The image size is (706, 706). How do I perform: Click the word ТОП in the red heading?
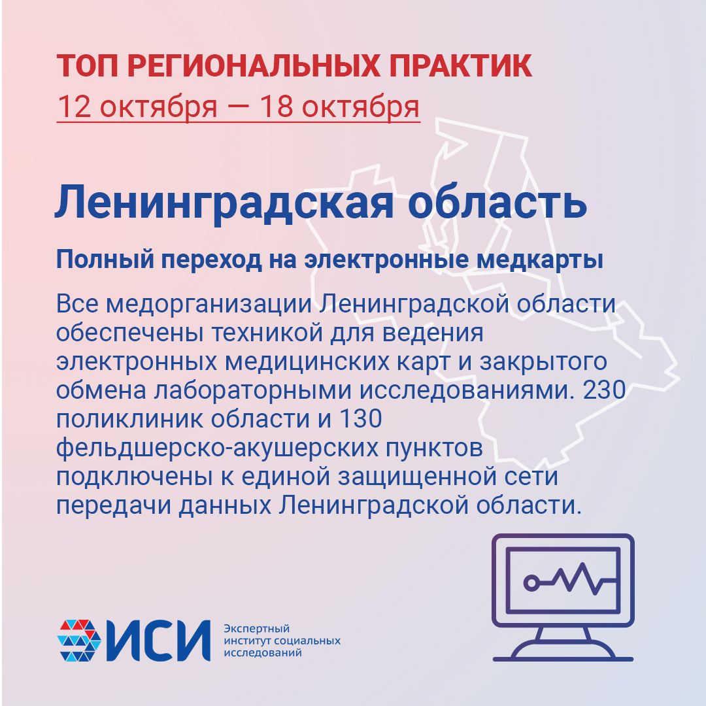coord(88,66)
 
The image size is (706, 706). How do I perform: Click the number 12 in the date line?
coord(75,107)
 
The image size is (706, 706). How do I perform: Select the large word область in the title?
coord(497,202)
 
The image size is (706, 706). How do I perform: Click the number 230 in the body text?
coord(604,390)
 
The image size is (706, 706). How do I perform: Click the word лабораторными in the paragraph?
coord(252,390)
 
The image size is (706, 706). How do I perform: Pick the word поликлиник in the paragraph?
coord(129,419)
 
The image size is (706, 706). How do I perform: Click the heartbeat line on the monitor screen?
coord(569,579)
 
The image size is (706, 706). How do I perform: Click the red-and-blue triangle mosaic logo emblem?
coord(79,640)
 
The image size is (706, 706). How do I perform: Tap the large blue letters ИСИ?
coord(158,640)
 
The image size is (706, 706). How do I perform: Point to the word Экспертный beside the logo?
coord(257,629)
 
